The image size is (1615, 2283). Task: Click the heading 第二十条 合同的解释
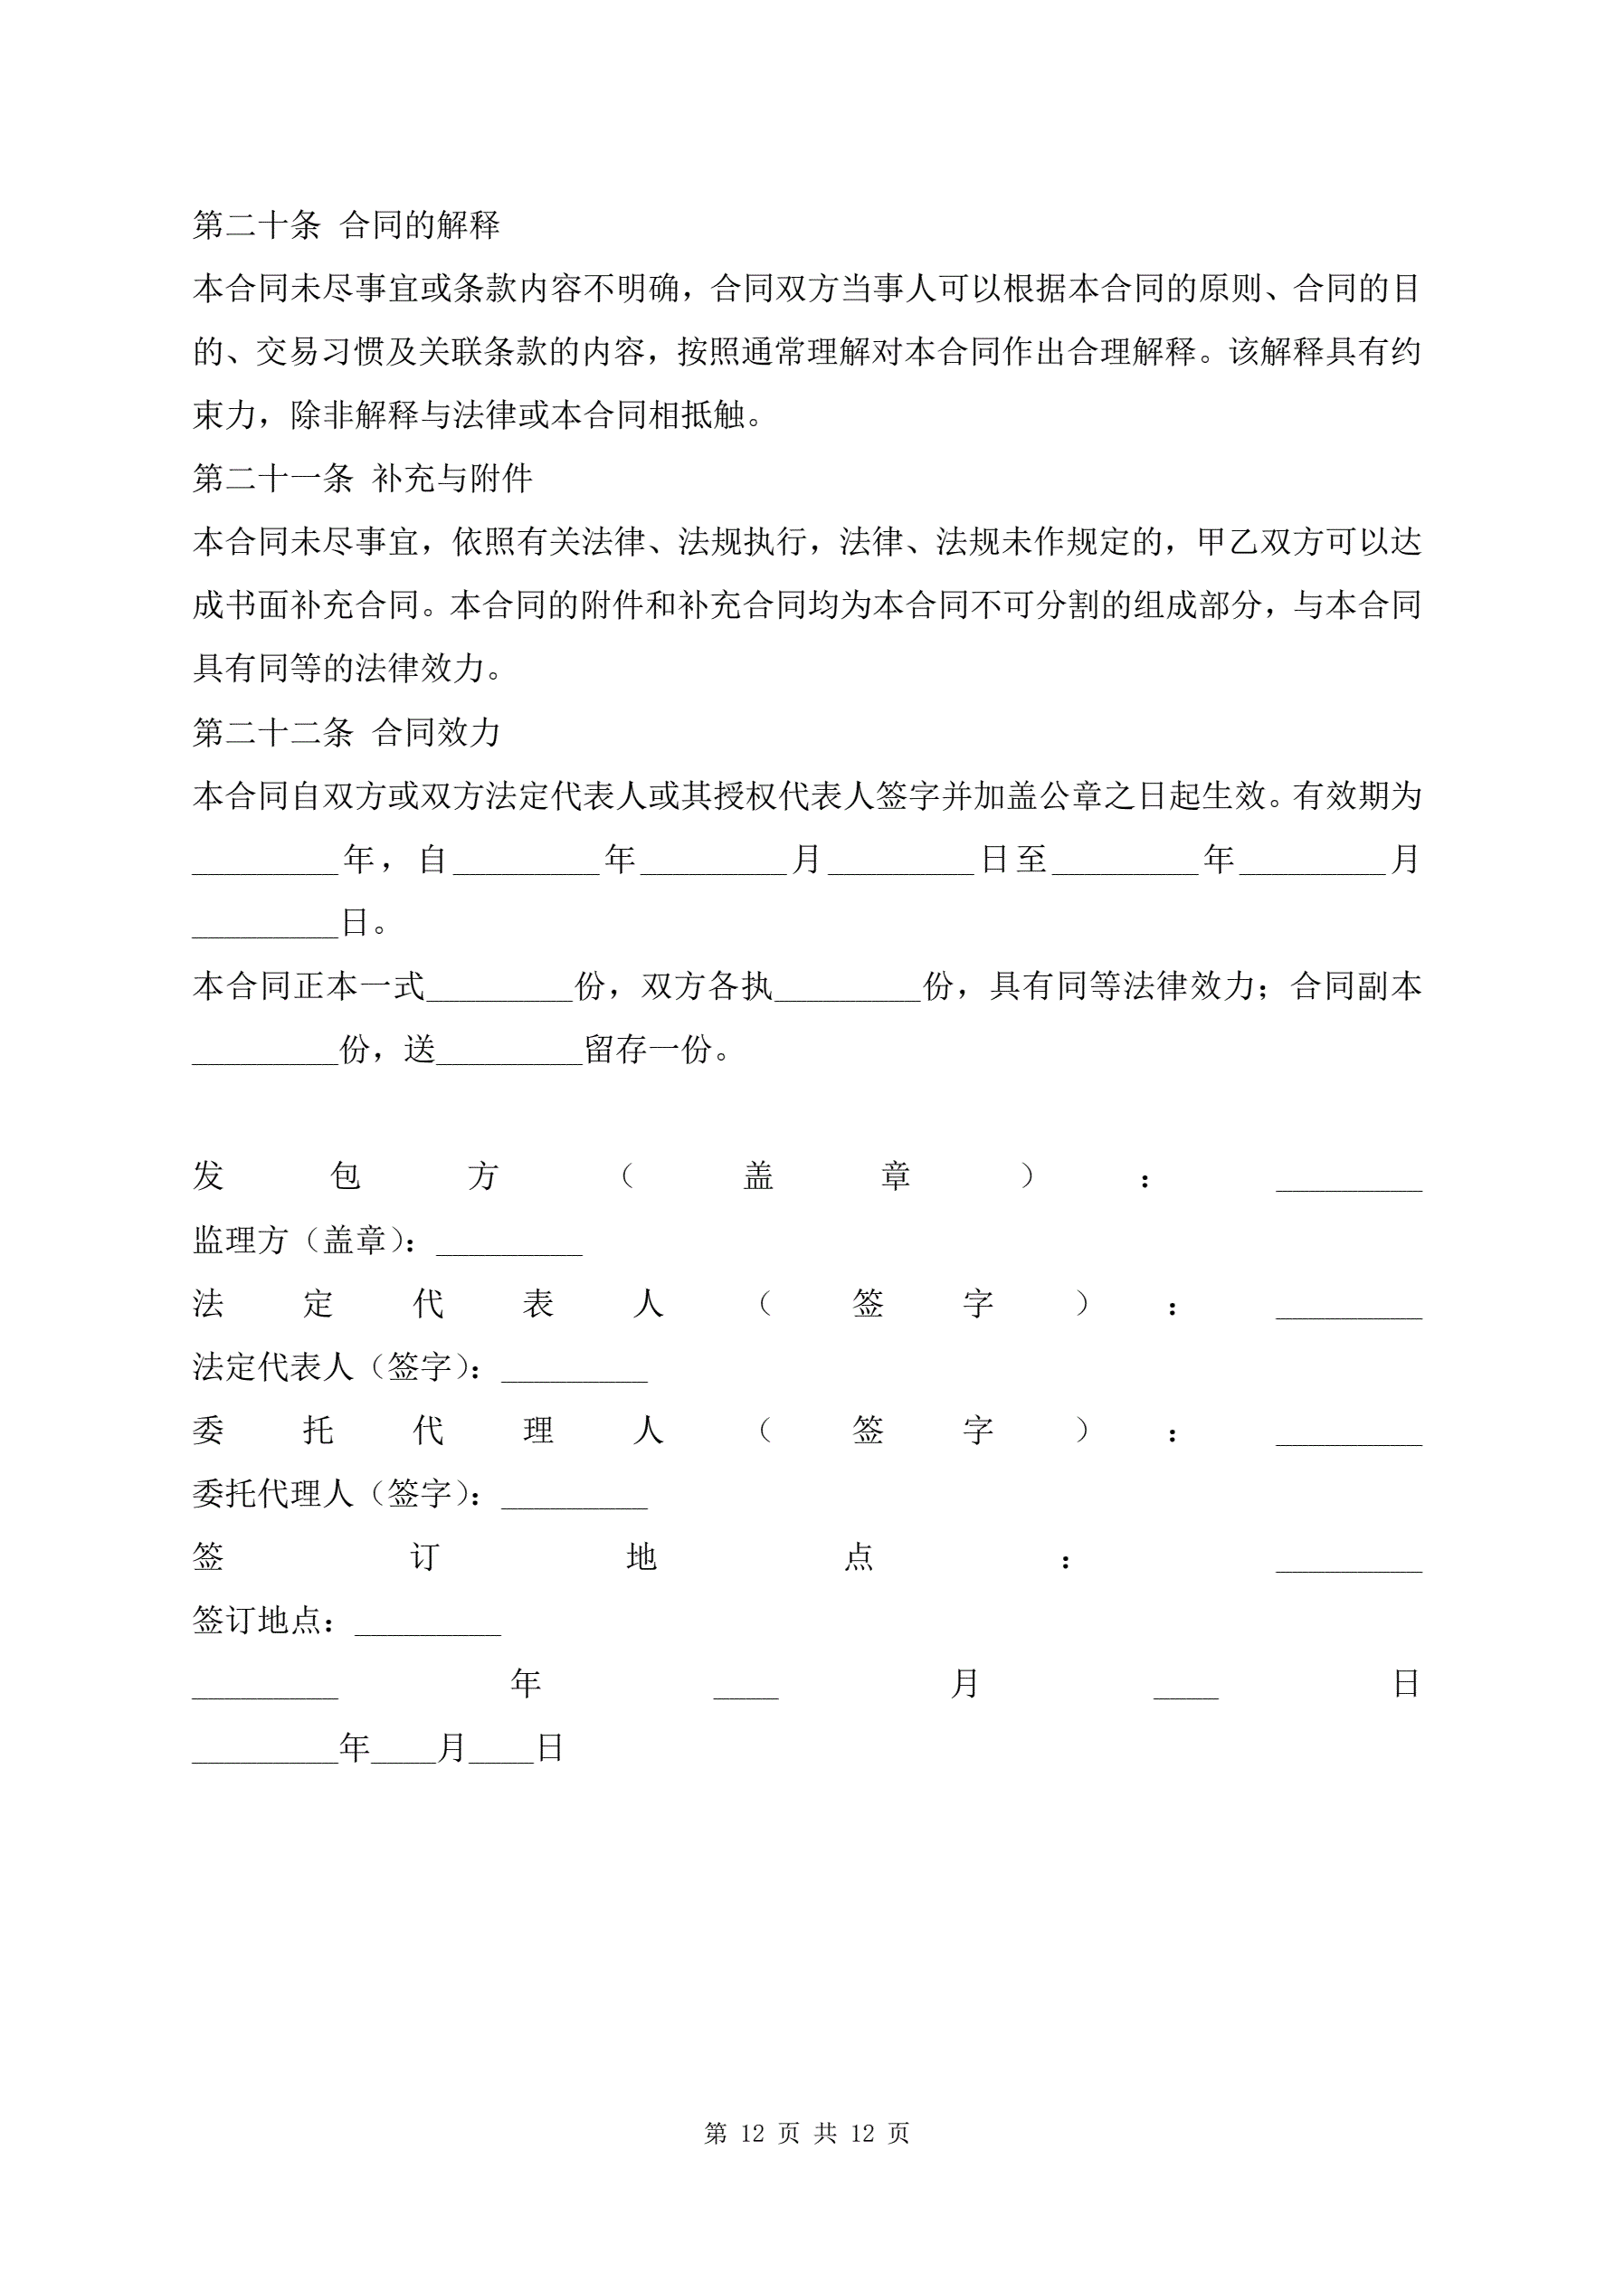pyautogui.click(x=346, y=225)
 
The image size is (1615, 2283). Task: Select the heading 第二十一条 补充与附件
pyautogui.click(x=362, y=480)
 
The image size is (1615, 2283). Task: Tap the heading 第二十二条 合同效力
pyautogui.click(x=346, y=733)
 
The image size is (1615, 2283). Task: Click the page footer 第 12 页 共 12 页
pyautogui.click(x=806, y=2133)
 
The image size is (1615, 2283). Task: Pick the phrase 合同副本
pyautogui.click(x=1356, y=986)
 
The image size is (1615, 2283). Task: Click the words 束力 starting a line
pyautogui.click(x=224, y=415)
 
